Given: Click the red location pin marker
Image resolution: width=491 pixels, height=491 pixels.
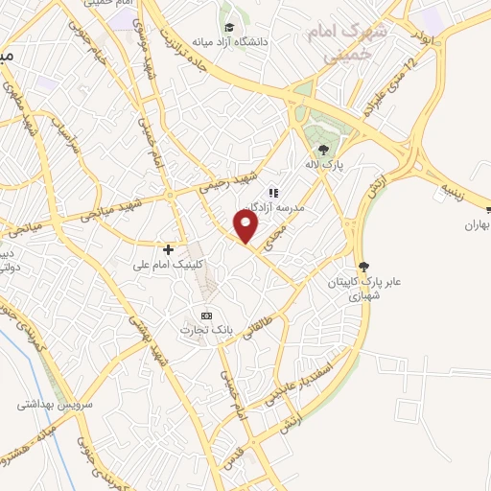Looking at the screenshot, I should (247, 226).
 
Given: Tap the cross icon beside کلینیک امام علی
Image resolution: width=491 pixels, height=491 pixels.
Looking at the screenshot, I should (168, 248).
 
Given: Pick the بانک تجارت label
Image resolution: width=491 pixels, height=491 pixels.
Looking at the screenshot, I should (204, 330).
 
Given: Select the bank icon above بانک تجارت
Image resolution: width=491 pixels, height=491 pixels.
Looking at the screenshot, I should (204, 315).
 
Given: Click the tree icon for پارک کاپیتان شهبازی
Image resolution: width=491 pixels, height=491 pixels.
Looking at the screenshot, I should (362, 266).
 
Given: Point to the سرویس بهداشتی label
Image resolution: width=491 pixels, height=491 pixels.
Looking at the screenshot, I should (53, 404).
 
